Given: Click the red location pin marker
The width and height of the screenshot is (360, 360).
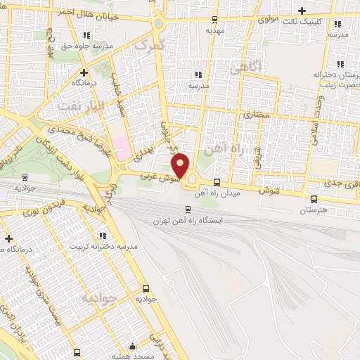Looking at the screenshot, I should [x=181, y=165].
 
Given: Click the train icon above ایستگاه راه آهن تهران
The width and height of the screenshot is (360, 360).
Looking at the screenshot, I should [x=187, y=209].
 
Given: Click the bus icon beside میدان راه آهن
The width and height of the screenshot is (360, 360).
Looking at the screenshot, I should [x=216, y=182].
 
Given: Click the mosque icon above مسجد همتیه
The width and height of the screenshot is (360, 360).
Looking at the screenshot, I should [x=133, y=347].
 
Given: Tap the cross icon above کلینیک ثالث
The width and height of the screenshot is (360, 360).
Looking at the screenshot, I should [x=302, y=11].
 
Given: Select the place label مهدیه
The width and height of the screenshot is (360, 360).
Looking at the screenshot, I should [x=214, y=31].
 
